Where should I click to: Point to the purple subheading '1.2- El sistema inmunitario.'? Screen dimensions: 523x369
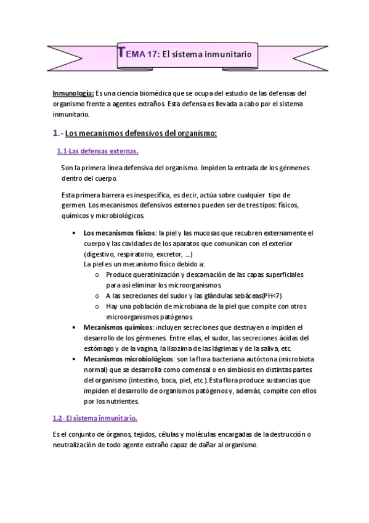click(x=94, y=418)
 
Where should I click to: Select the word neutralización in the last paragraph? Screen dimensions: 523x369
click(x=80, y=445)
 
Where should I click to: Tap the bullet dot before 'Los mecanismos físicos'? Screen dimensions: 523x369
click(x=74, y=233)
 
